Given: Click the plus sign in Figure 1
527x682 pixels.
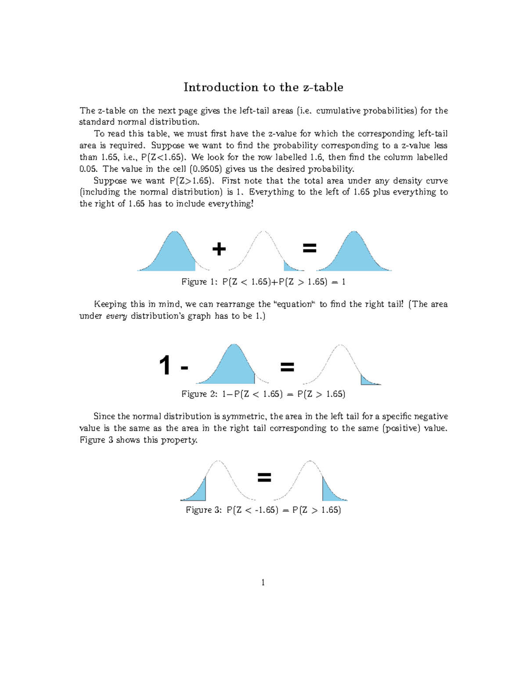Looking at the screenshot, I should pos(219,249).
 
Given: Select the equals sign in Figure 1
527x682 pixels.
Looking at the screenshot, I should pos(310,249).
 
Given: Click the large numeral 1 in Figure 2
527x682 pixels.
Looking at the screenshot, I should pos(165,365).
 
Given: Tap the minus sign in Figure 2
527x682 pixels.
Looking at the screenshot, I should pos(184,368).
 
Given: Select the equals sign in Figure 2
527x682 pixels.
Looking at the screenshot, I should pos(287,367).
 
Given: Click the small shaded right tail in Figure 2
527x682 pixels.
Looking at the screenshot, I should pos(367,381).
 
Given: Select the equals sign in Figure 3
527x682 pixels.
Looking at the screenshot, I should pos(264,477).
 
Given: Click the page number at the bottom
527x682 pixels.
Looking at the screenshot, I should pos(263,583).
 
